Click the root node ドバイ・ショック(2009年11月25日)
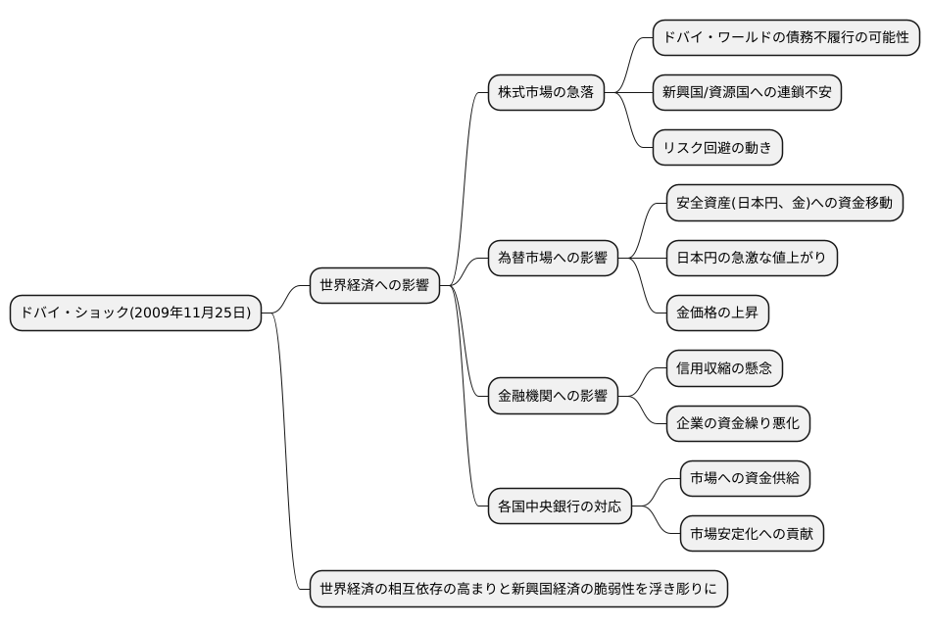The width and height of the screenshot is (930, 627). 136,313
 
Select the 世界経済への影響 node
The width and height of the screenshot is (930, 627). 374,286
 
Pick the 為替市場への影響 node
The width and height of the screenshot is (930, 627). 553,259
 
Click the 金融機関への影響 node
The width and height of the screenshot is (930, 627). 553,397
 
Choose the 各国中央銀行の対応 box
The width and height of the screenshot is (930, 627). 560,506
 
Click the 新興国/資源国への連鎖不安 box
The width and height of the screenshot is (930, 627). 747,93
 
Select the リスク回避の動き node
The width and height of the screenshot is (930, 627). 717,148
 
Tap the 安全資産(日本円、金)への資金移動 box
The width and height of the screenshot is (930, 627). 784,203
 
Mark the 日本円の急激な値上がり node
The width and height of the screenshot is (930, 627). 752,259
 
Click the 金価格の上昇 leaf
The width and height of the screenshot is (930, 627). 717,313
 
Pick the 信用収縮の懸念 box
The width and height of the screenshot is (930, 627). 724,369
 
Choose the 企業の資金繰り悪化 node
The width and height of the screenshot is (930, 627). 738,424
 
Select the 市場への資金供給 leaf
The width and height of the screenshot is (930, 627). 745,479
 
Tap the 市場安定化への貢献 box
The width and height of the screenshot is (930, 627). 752,535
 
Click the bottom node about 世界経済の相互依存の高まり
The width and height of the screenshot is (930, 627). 518,590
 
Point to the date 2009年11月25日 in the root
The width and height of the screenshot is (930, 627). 190,313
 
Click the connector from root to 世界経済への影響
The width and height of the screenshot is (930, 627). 286,298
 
